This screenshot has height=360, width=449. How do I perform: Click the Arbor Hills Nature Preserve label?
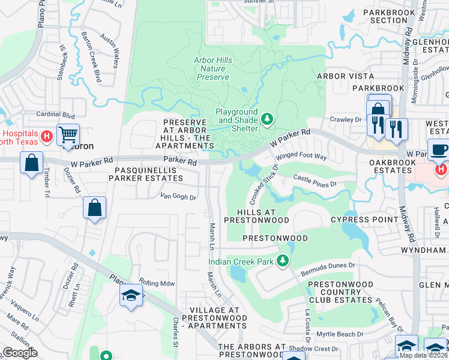click(x=211, y=68)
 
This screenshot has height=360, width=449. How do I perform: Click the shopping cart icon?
click(x=68, y=134)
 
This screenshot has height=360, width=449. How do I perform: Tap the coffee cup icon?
click(x=439, y=151)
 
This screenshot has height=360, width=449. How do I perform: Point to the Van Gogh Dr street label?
click(x=178, y=196)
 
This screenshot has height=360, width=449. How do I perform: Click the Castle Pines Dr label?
click(x=316, y=181)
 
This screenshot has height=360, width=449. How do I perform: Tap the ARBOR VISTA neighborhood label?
click(x=345, y=76)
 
